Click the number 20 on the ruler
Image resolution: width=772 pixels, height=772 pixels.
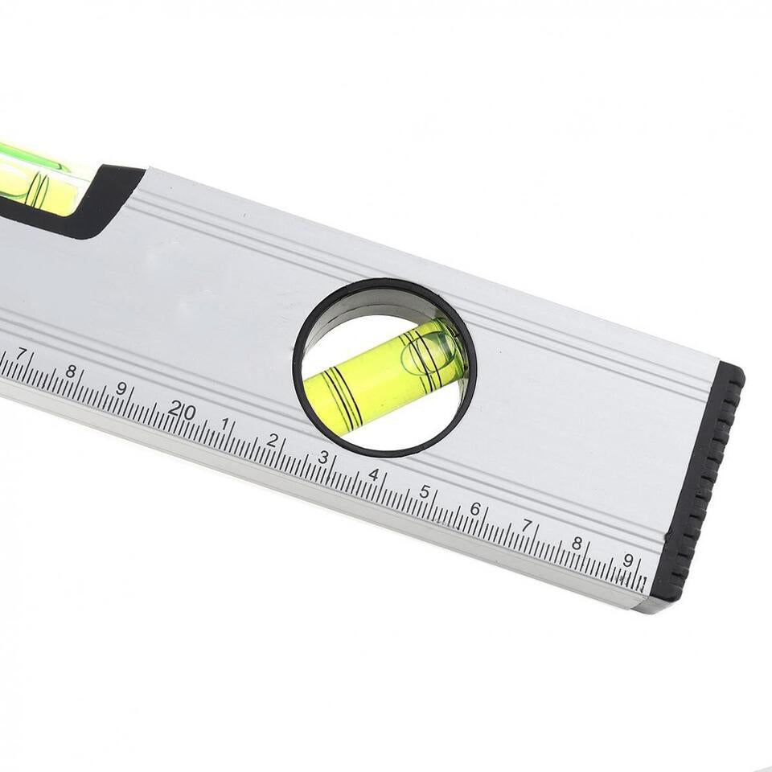183,409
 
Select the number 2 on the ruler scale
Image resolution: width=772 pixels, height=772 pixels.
273,440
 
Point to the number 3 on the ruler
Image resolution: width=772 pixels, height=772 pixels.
323,457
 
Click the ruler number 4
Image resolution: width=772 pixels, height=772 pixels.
373,474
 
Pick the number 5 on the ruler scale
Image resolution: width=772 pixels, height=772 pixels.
425,491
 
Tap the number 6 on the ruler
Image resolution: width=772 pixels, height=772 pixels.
475,508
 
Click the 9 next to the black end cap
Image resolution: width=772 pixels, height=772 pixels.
628,560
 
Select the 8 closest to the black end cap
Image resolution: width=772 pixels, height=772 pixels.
577,543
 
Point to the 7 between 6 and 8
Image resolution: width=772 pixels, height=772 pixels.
526,525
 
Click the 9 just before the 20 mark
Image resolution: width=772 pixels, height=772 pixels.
121,388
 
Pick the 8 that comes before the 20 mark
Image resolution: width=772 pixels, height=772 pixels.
71,371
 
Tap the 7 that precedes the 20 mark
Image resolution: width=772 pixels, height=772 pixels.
22,354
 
